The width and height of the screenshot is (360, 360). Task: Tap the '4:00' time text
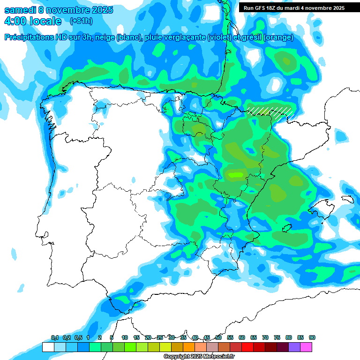pyautogui.click(x=15, y=21)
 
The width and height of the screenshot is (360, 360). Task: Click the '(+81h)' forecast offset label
pyautogui.click(x=81, y=21)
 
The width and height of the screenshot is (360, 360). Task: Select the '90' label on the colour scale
pyautogui.click(x=312, y=337)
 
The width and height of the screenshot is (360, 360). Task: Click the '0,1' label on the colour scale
pyautogui.click(x=54, y=337)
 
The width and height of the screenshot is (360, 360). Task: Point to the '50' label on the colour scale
pyautogui.click(x=218, y=337)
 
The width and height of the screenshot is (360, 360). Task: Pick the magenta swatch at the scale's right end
pyautogui.click(x=306, y=347)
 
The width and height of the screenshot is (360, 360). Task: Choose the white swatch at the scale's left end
pyautogui.click(x=48, y=347)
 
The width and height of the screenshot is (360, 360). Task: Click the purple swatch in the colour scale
pyautogui.click(x=294, y=347)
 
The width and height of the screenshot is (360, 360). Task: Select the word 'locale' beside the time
pyautogui.click(x=45, y=21)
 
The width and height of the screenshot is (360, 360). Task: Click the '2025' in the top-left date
pyautogui.click(x=100, y=10)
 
